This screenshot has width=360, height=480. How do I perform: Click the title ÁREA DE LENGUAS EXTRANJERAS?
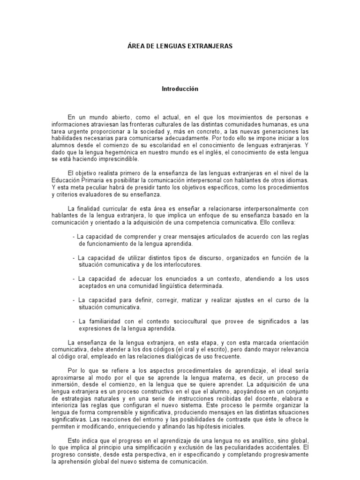click(180, 46)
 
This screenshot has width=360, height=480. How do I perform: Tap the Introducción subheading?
click(180, 89)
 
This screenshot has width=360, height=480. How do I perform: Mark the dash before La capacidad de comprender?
click(74, 236)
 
